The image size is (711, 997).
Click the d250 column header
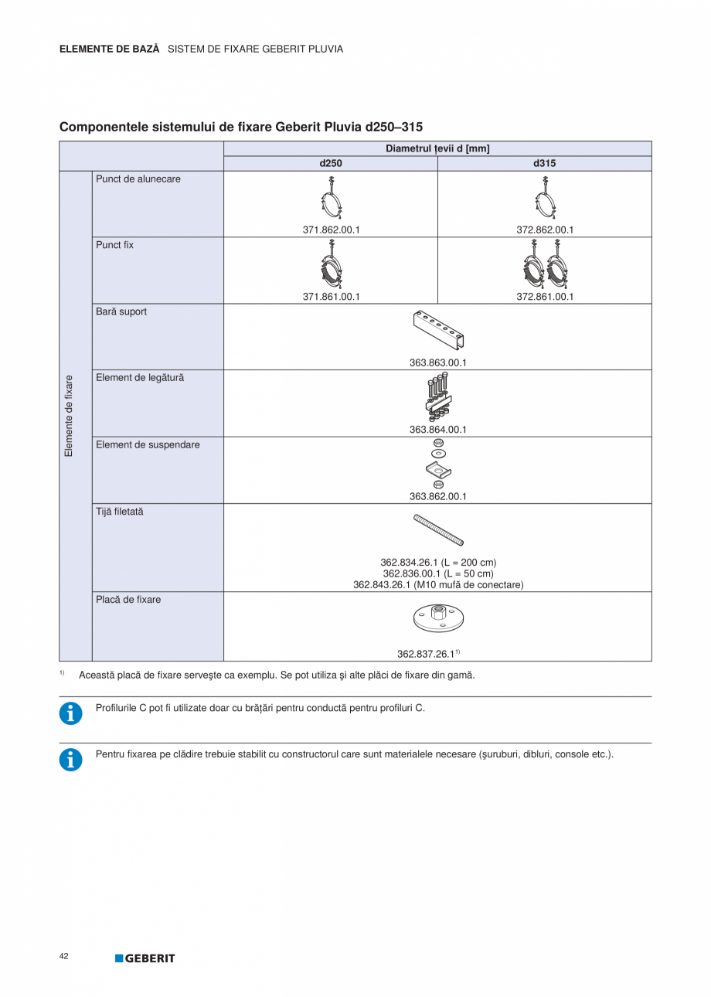(331, 163)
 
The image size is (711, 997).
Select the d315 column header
(544, 163)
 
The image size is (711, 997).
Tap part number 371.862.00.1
(331, 230)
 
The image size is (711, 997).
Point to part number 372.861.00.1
(545, 296)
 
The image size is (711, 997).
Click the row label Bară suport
(121, 311)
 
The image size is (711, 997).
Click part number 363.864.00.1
(437, 430)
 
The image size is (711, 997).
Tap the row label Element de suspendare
(148, 444)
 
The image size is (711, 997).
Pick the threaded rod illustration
(438, 530)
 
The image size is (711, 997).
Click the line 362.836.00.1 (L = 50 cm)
(438, 573)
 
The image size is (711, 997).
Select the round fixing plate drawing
(437, 617)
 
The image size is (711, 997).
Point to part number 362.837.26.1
(426, 654)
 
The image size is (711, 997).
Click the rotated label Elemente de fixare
(69, 416)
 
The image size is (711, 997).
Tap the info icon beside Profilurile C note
(70, 713)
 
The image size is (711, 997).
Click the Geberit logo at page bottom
(145, 958)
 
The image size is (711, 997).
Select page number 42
(63, 957)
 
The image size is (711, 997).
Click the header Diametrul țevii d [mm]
(437, 148)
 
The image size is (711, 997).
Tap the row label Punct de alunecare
(138, 179)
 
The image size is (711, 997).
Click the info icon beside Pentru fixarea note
(70, 760)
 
